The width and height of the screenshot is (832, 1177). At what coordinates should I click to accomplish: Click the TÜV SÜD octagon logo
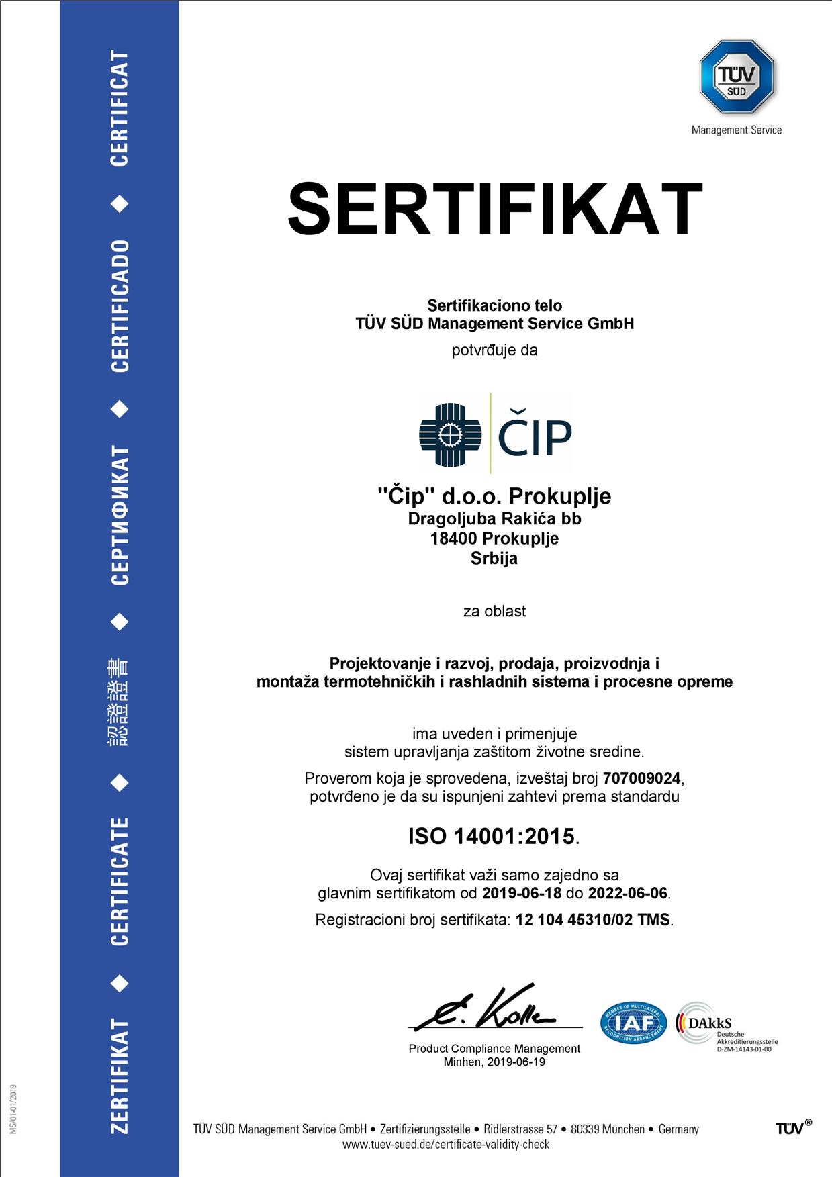click(737, 77)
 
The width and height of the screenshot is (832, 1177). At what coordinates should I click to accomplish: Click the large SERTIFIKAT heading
click(495, 209)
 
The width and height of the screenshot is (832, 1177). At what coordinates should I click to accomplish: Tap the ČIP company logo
click(496, 434)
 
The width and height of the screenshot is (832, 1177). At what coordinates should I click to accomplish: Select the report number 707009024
click(641, 778)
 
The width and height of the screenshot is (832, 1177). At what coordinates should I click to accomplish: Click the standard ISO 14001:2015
click(492, 836)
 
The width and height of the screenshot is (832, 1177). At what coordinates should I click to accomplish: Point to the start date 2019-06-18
click(521, 893)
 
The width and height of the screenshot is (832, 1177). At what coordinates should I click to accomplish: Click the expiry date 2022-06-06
click(628, 893)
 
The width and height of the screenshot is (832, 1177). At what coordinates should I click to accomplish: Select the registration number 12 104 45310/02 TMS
click(592, 919)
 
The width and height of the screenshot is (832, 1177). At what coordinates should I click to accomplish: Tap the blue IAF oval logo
click(633, 1023)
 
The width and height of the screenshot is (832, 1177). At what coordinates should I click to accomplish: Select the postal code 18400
click(454, 538)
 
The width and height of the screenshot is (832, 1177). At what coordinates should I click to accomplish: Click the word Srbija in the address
click(494, 559)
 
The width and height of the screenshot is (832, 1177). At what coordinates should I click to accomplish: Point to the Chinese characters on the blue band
click(119, 702)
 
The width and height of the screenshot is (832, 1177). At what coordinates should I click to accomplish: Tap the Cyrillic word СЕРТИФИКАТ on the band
click(120, 515)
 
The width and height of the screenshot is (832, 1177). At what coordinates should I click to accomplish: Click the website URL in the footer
click(446, 1144)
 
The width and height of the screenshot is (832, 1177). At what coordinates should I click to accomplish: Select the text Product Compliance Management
click(494, 1049)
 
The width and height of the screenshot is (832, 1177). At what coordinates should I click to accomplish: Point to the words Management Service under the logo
click(737, 130)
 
